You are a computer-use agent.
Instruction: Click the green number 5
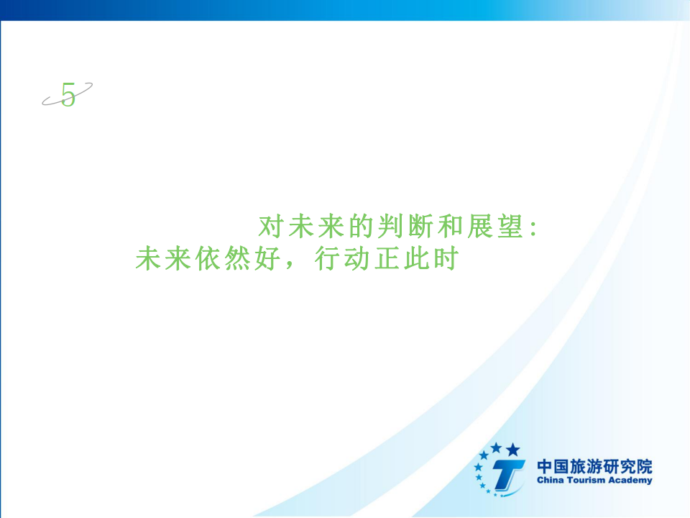click(x=68, y=94)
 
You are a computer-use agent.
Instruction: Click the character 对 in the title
click(x=270, y=227)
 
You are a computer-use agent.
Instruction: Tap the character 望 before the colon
click(x=510, y=227)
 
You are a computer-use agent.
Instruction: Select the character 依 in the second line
click(x=207, y=258)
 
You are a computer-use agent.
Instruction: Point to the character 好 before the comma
click(x=267, y=258)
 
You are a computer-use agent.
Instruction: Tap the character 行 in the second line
click(x=326, y=258)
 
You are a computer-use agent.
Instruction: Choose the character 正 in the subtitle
click(x=387, y=258)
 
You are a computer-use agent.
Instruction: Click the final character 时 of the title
click(x=446, y=258)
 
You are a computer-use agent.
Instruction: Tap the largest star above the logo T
click(x=512, y=450)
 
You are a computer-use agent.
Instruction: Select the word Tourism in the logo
click(x=579, y=480)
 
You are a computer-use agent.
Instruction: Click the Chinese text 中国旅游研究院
click(x=594, y=466)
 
